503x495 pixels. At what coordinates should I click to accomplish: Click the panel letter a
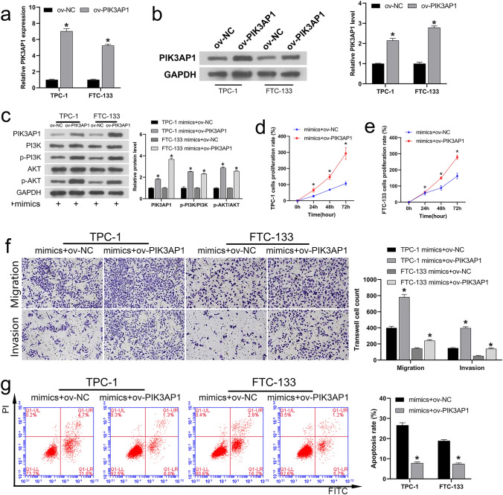click(x=7, y=10)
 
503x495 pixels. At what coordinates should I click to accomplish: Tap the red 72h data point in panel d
click(x=324, y=154)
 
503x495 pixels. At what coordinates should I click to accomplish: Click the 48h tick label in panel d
click(x=307, y=208)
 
